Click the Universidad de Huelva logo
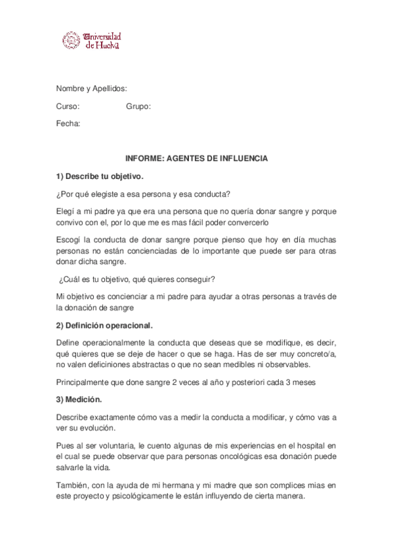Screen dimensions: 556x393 (x=93, y=41)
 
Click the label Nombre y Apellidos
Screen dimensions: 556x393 (x=91, y=89)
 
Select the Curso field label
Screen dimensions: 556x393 (x=68, y=106)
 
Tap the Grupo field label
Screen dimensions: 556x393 (x=138, y=106)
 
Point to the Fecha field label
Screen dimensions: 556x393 (x=68, y=123)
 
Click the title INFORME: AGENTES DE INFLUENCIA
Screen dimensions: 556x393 (x=196, y=159)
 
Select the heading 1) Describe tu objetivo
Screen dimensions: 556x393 (x=99, y=176)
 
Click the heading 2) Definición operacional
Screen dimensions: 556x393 (x=104, y=325)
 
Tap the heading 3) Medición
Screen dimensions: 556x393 (x=79, y=399)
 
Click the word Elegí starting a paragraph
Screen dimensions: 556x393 (x=66, y=212)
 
